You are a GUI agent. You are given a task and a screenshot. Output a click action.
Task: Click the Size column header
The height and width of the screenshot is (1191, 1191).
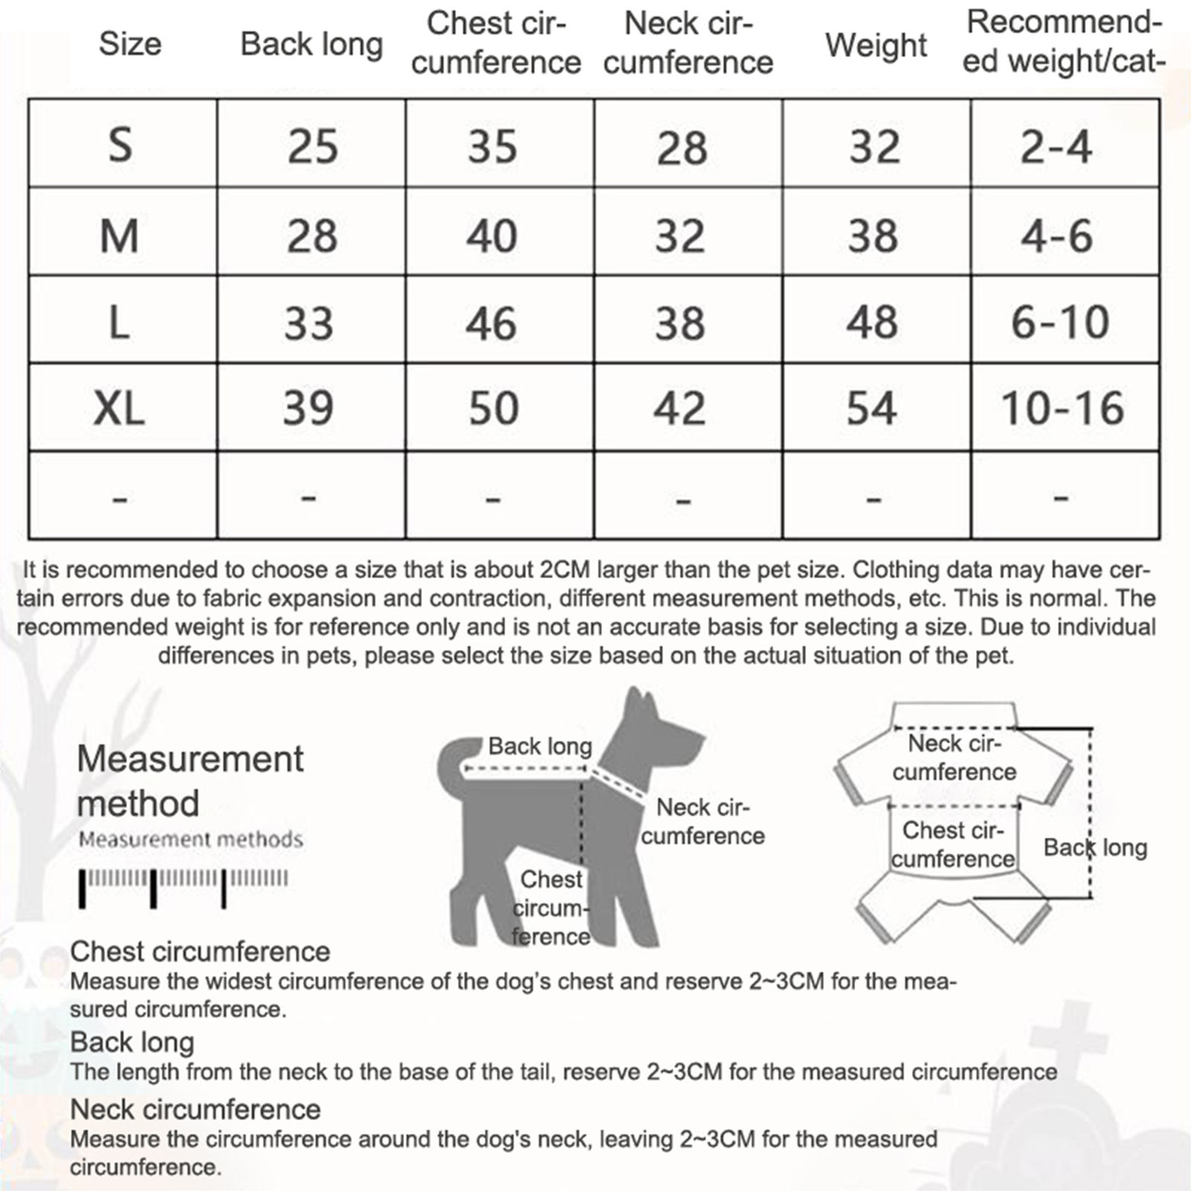pyautogui.click(x=130, y=44)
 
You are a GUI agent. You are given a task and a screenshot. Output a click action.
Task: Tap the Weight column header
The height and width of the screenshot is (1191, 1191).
pyautogui.click(x=875, y=45)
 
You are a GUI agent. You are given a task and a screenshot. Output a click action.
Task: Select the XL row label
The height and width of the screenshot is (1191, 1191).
pyautogui.click(x=119, y=408)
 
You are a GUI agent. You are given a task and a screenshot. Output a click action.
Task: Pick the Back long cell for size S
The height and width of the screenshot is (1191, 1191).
pyautogui.click(x=313, y=146)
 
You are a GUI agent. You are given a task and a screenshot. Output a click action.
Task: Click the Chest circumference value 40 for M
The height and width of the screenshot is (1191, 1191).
pyautogui.click(x=491, y=236)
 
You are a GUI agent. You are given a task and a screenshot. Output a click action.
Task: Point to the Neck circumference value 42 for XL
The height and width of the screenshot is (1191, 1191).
pyautogui.click(x=679, y=408)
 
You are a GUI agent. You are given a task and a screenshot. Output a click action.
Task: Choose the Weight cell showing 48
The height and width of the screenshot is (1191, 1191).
pyautogui.click(x=872, y=322)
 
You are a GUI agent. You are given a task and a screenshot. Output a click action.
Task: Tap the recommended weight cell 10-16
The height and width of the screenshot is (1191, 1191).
pyautogui.click(x=1062, y=408)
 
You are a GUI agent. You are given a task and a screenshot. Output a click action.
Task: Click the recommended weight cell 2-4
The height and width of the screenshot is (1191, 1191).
pyautogui.click(x=1056, y=146)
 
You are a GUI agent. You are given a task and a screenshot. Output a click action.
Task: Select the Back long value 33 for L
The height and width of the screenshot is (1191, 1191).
pyautogui.click(x=308, y=323)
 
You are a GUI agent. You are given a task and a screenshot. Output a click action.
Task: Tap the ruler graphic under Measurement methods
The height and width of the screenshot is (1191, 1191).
pyautogui.click(x=183, y=886)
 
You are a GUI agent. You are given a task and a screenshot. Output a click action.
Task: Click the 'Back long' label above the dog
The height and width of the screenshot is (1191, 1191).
pyautogui.click(x=540, y=746)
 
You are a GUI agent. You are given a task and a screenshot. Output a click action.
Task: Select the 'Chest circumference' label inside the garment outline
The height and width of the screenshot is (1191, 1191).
pyautogui.click(x=953, y=844)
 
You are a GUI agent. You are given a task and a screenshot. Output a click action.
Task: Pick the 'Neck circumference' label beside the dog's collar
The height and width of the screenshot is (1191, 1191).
pyautogui.click(x=703, y=821)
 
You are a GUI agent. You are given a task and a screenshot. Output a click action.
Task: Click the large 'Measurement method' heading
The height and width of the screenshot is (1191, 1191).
pyautogui.click(x=190, y=781)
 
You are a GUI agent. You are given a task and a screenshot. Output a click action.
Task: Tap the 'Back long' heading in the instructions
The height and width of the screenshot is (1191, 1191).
pyautogui.click(x=132, y=1042)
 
